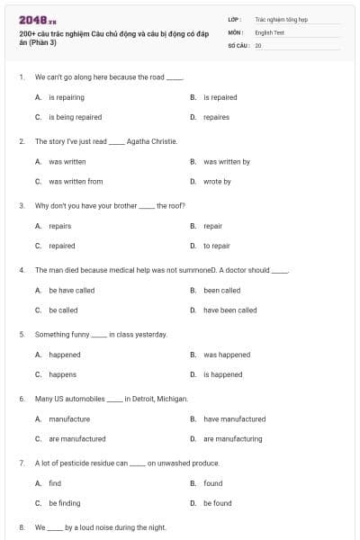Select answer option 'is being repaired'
tap(75, 117)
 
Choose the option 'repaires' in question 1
tap(216, 117)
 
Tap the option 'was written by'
tap(227, 162)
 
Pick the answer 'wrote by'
tap(217, 182)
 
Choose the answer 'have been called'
tap(229, 310)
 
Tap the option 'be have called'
tap(71, 291)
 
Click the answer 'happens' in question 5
tap(62, 374)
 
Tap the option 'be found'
tap(217, 503)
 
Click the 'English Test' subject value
tap(267, 31)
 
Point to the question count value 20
tap(258, 44)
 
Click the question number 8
tap(21, 527)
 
